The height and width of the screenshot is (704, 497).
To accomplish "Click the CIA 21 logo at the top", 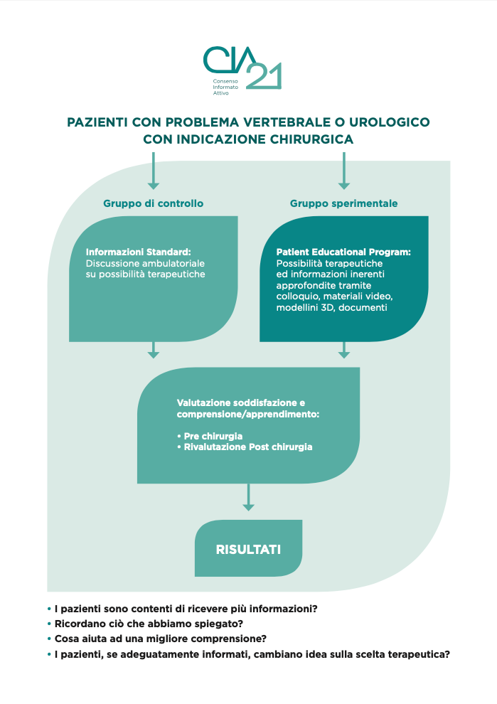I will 242,68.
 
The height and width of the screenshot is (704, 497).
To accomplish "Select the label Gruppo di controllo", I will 154,203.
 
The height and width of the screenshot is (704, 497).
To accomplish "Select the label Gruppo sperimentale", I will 343,203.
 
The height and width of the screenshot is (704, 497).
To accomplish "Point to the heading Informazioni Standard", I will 138,252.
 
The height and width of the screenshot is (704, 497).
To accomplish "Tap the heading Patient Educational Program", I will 343,252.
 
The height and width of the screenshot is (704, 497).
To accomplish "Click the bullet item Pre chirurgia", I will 211,436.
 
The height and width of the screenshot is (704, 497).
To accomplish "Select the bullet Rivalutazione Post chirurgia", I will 246,447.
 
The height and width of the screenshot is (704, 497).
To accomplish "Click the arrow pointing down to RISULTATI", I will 248,497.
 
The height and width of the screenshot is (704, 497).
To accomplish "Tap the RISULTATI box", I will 248,549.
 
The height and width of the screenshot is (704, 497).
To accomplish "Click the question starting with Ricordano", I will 139,624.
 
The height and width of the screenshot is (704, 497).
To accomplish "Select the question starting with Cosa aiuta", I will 160,639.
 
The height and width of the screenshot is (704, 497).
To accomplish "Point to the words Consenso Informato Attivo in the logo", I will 216,87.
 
